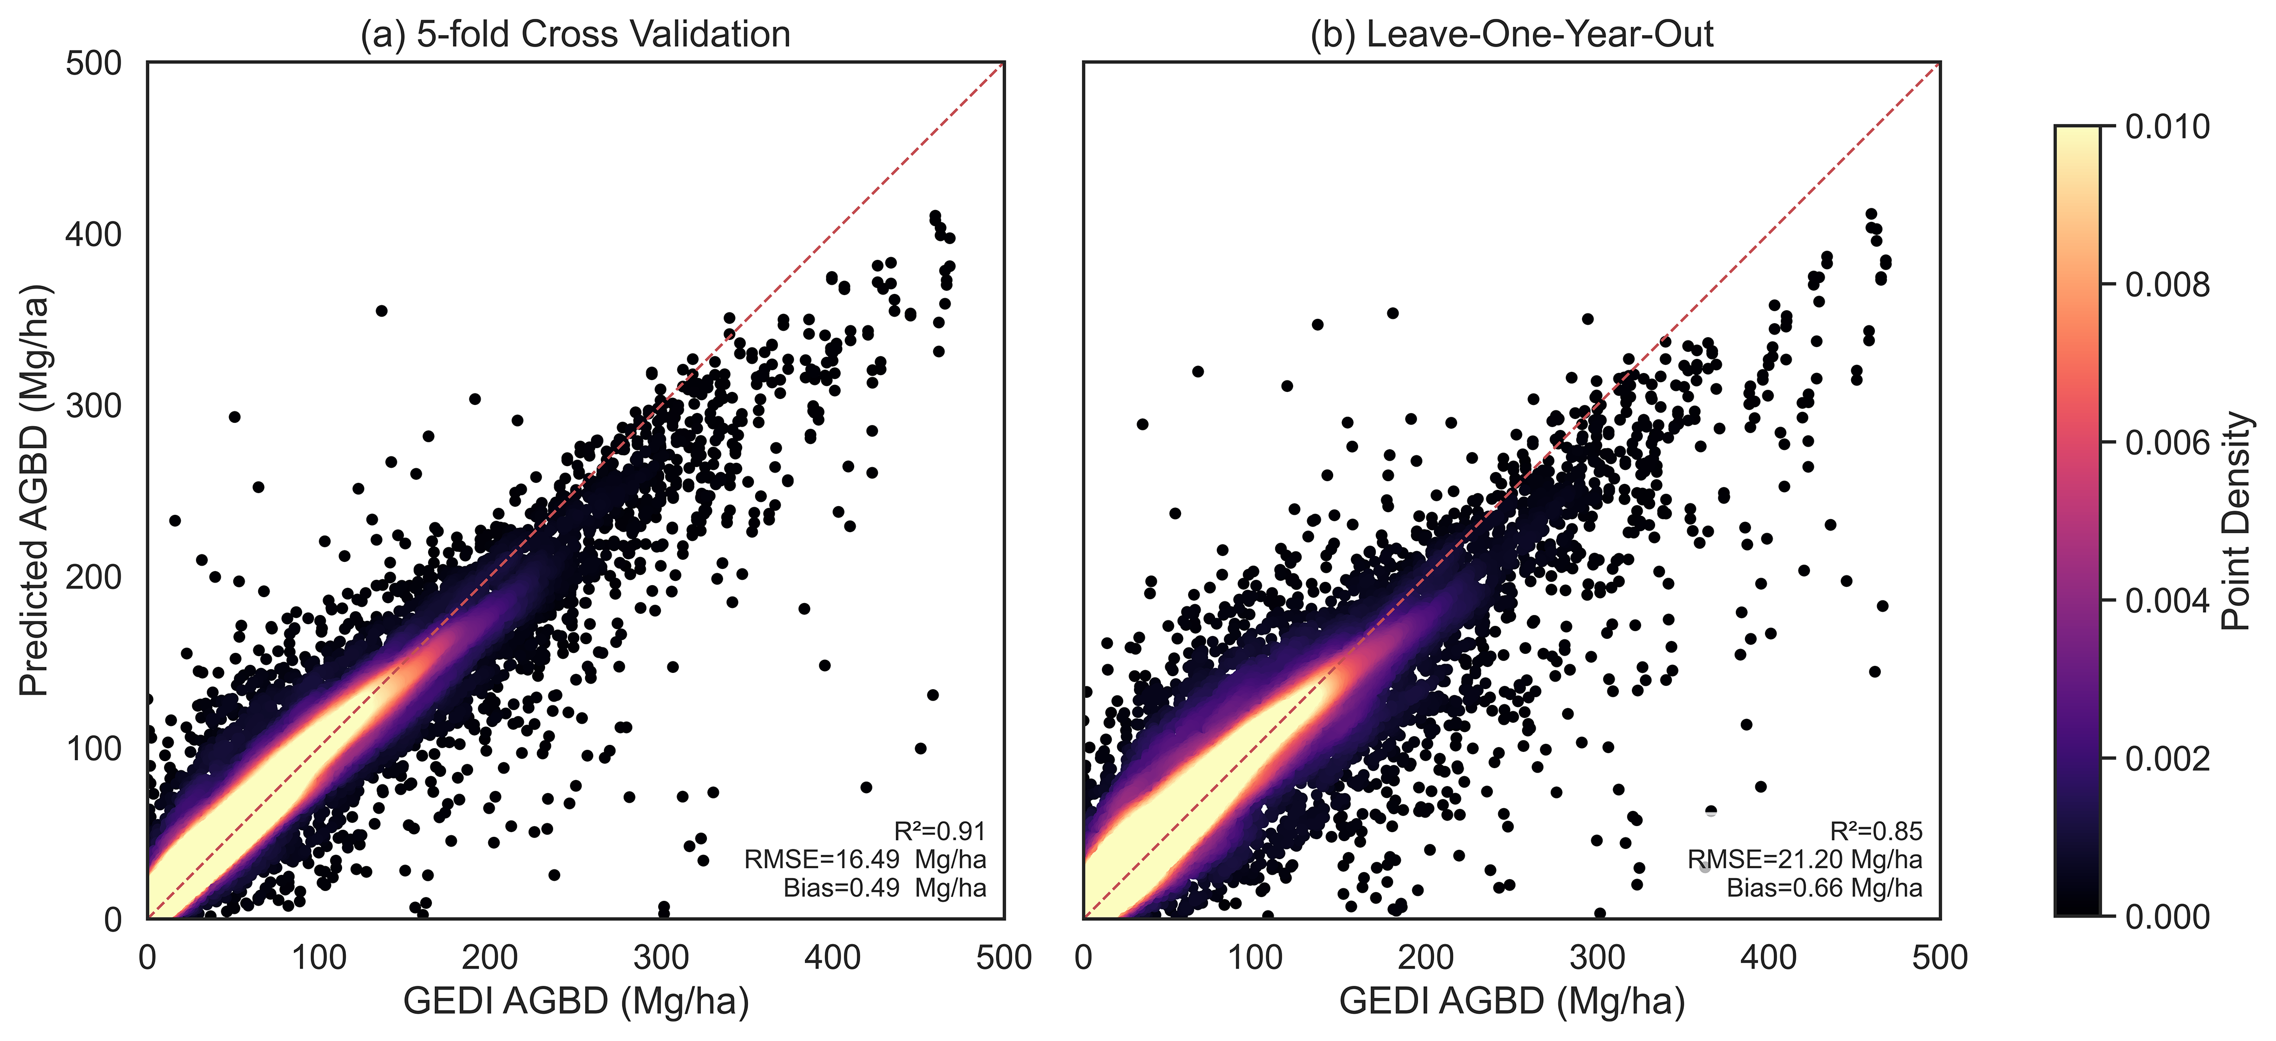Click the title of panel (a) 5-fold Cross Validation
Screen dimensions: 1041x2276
pos(575,35)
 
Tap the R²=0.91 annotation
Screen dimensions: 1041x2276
pos(939,832)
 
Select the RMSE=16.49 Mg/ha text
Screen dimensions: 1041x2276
pos(865,859)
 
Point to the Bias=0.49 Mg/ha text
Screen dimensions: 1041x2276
pos(884,887)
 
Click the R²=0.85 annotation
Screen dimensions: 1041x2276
pos(1876,832)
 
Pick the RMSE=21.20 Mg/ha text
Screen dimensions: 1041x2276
pos(1804,859)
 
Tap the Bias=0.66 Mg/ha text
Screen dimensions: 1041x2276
pos(1825,887)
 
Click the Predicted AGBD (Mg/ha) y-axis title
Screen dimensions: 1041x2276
pos(35,490)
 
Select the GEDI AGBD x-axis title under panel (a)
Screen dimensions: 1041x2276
pos(576,1001)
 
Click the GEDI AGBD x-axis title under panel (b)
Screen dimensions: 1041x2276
pos(1512,1001)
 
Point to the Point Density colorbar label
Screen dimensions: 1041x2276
pos(2235,521)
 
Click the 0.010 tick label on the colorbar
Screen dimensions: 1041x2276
pos(2167,127)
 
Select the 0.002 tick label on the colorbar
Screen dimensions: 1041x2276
pos(2167,759)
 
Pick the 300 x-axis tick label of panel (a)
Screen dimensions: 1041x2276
pos(661,958)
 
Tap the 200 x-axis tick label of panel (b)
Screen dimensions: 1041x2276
pos(1426,958)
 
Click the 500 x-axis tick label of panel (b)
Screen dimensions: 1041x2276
pos(1940,958)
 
